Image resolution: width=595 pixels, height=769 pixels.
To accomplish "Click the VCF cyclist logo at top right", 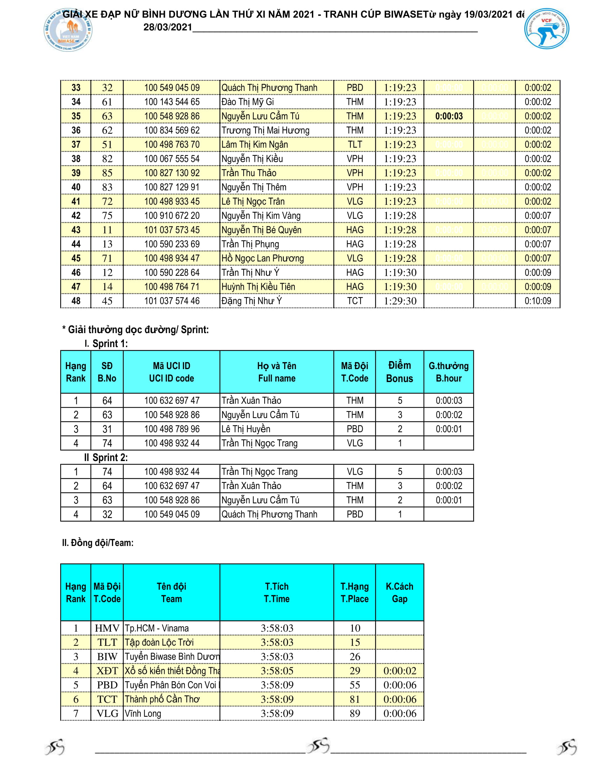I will coord(546,29).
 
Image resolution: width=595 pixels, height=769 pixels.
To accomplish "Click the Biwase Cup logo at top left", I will coord(68,30).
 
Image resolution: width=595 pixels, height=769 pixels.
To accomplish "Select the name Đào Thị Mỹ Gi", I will coord(247,102).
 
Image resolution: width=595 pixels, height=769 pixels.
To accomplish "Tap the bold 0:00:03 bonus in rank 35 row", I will coord(449,116).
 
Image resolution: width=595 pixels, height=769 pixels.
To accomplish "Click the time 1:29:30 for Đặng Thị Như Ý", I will coord(400,301).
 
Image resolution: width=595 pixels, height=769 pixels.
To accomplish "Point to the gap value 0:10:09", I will coord(538,301).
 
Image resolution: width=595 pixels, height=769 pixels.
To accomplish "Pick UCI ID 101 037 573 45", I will coord(171,230).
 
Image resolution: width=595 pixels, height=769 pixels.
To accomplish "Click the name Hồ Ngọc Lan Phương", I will coord(262,258).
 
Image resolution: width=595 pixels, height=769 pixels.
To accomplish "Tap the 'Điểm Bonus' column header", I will coord(399,372).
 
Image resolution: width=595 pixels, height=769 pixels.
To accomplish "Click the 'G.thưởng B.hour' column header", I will coord(448,372).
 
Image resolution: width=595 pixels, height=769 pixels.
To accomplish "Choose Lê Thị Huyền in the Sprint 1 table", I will coord(246,429).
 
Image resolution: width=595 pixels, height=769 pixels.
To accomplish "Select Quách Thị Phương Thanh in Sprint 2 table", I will coord(269,514).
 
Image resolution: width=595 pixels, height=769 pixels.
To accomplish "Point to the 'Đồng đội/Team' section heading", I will coord(98,542).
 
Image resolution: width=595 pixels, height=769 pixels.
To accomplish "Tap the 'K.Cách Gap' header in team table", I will coord(399,592).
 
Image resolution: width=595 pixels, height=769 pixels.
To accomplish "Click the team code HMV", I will coord(107,628).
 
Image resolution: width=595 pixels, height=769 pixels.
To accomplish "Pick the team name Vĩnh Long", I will coord(143,714).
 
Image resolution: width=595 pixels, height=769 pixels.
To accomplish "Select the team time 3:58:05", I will coord(277,671).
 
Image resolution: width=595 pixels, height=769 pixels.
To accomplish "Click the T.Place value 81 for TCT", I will coord(355,699).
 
